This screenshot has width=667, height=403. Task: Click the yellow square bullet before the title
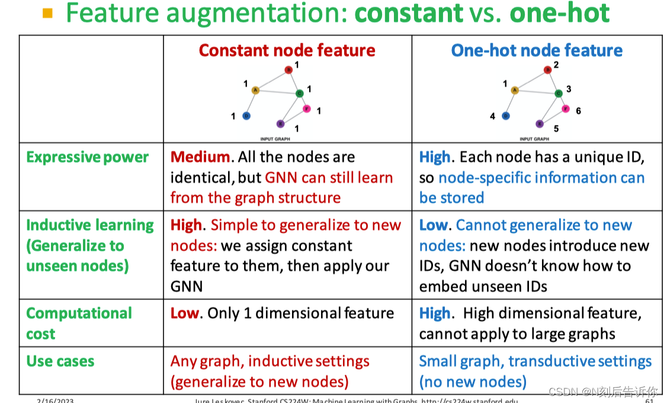coord(48,12)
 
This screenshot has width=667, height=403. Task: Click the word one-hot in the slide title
coord(560,13)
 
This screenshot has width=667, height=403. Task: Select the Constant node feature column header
coord(287,50)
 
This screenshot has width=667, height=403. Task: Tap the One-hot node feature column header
coord(536,50)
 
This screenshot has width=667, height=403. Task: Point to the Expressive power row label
coord(87,157)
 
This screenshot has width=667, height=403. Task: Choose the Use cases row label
coord(60,361)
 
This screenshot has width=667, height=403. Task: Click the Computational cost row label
coord(79,323)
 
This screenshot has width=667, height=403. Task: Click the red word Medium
coord(200,157)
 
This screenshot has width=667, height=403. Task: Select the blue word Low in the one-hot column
coord(433,225)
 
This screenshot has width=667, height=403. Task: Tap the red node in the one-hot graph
coord(548,70)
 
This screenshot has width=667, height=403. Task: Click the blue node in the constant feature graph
coord(246,115)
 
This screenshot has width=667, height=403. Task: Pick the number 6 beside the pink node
coord(578,111)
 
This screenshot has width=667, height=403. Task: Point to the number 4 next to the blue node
coord(492,117)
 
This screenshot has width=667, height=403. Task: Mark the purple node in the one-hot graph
coord(539,124)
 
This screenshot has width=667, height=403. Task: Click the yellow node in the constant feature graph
coord(255,90)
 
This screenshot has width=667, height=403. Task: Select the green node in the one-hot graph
coord(559,93)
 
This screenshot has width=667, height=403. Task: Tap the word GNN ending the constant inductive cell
coord(186,286)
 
